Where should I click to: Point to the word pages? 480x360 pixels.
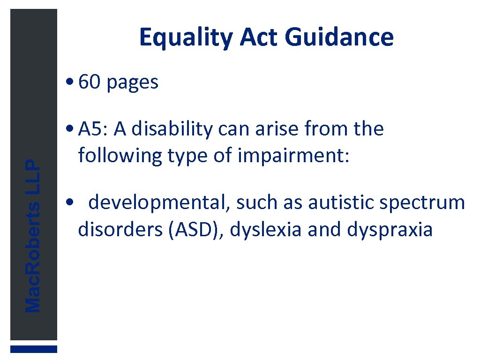133,83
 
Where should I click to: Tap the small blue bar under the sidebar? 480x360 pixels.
34,349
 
